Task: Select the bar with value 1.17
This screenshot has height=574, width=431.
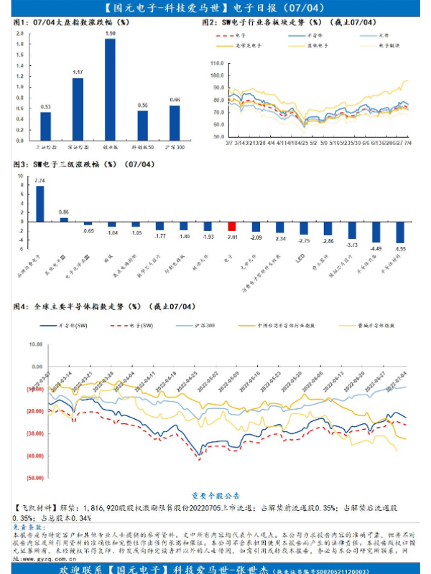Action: click(x=78, y=108)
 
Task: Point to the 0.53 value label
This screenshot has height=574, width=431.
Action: click(x=45, y=107)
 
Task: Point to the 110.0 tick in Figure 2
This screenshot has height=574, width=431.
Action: click(x=218, y=62)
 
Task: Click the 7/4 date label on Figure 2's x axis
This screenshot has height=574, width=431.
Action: click(x=408, y=143)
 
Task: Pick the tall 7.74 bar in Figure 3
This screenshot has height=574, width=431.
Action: click(x=40, y=203)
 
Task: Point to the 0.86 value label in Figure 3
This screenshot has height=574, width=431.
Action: click(x=64, y=212)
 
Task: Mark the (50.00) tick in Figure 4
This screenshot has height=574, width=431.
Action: click(x=34, y=477)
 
